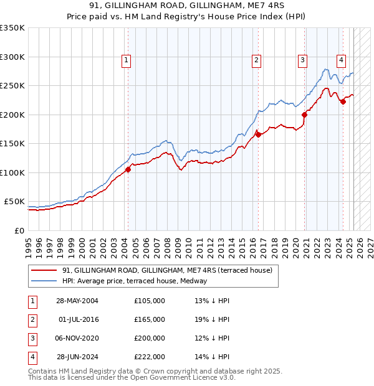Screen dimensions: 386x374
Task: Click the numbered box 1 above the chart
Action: click(126, 60)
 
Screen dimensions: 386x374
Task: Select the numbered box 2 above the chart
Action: click(256, 60)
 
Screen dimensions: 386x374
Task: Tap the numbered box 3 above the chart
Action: click(302, 60)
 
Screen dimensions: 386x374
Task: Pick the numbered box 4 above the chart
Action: click(342, 60)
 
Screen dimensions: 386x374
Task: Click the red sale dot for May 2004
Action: click(128, 169)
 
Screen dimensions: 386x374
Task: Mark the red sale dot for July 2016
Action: click(257, 134)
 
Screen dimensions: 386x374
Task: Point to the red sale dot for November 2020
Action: click(305, 115)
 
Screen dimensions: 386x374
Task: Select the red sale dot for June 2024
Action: click(343, 102)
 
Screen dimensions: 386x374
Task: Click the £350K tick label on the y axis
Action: click(13, 28)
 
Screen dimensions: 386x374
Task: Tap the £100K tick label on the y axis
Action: click(13, 172)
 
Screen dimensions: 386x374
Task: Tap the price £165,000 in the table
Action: click(150, 319)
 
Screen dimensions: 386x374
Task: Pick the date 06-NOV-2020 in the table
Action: click(77, 338)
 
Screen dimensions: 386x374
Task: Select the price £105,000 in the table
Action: click(150, 301)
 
